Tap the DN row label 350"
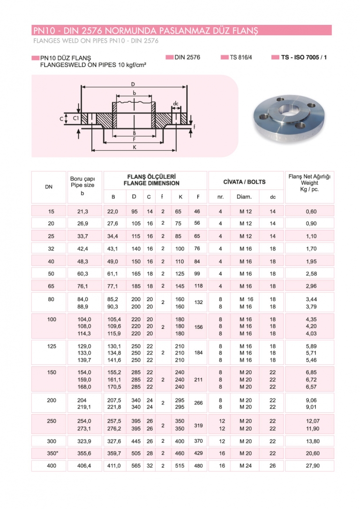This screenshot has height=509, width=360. pos(52,454)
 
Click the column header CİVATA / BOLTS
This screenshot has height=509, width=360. pos(244,182)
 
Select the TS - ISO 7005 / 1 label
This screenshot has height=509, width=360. pos(304,57)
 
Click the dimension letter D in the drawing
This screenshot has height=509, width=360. pos(134,84)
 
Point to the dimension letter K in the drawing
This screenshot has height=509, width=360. pos(135,147)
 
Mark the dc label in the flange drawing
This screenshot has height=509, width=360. pos(175,103)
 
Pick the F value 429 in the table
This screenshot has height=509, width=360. pos(198,454)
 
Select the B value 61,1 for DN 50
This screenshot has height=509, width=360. pos(113,273)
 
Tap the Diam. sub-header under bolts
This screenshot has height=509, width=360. pos(244,197)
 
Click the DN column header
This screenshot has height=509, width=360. pos(49,187)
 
